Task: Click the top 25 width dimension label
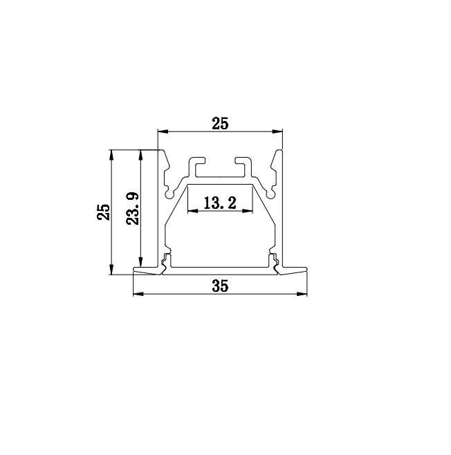[220, 123]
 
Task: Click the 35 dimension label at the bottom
[220, 286]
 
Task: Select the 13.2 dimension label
[220, 203]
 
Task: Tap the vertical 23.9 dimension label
[133, 208]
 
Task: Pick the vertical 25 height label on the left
[104, 212]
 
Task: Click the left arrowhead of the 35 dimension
[138, 294]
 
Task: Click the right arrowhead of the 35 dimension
[302, 294]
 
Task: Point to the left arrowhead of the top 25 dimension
[163, 131]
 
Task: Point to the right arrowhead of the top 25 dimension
[277, 131]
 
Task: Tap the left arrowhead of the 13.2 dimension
[193, 211]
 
